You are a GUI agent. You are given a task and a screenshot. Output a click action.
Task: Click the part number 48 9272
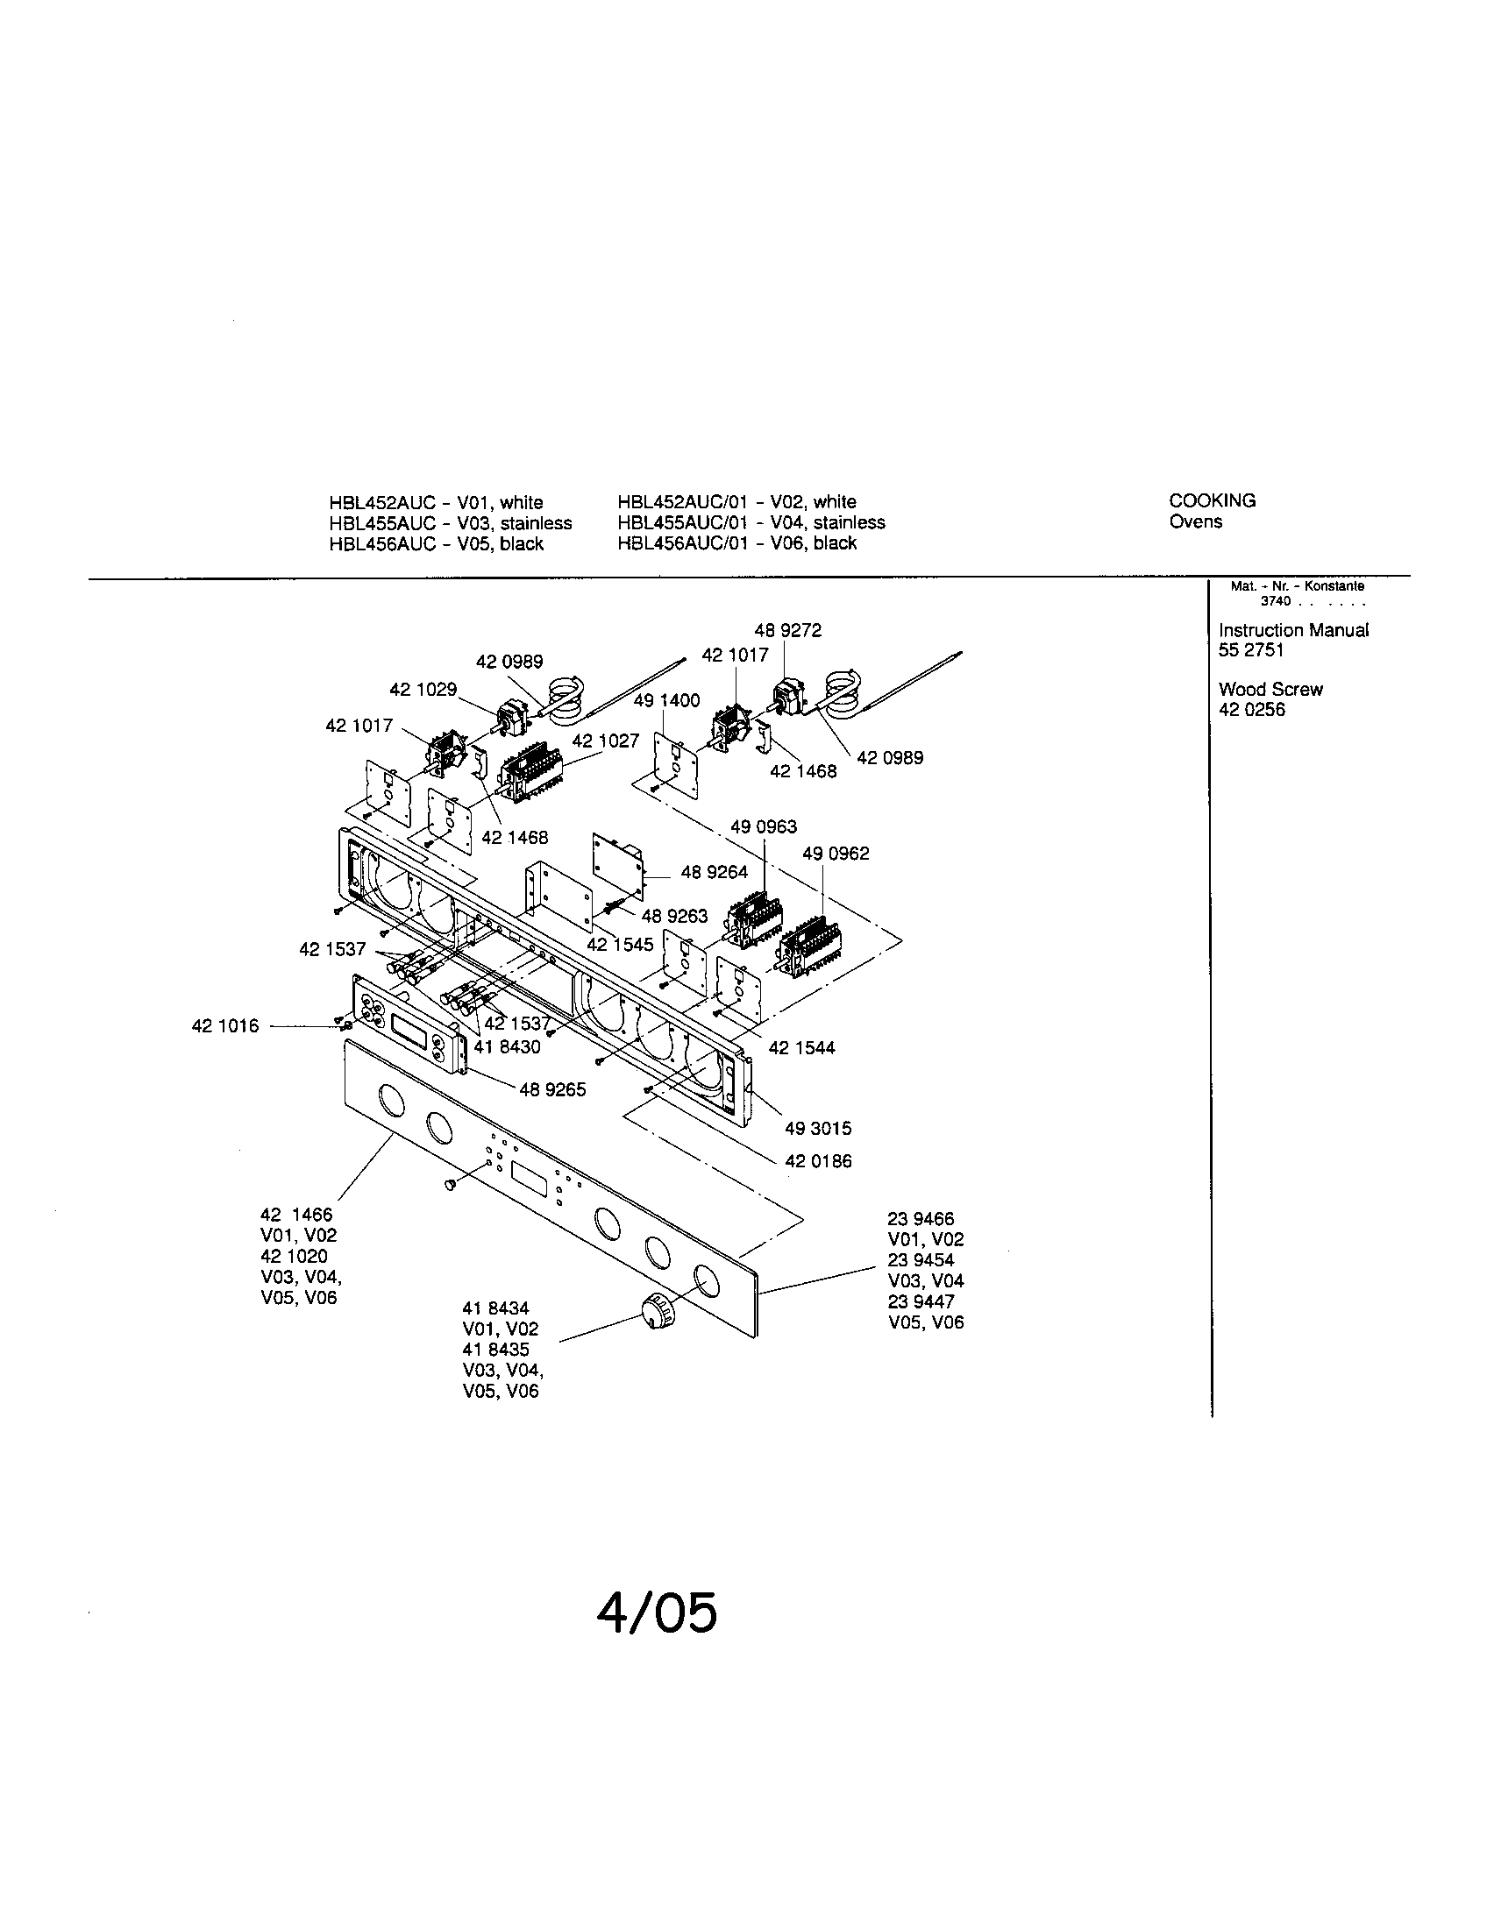[x=787, y=630]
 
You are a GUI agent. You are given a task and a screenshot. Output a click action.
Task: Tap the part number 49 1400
[x=666, y=700]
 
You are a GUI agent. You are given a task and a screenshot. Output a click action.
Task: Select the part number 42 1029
[x=423, y=690]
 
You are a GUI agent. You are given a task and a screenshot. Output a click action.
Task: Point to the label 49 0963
[x=764, y=826]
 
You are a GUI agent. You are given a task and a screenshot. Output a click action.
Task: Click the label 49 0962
[x=836, y=854]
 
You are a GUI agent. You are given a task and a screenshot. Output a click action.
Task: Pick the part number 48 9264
[x=714, y=872]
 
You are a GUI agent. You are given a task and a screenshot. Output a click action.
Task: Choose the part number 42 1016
[x=225, y=1026]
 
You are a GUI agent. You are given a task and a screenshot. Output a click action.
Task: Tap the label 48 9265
[x=552, y=1089]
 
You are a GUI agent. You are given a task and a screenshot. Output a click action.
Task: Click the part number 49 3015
[x=819, y=1128]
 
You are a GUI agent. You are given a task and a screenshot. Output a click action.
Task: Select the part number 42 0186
[x=819, y=1161]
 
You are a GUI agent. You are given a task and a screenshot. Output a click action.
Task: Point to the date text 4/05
[x=656, y=1613]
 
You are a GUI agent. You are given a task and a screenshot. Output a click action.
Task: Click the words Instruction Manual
[x=1292, y=630]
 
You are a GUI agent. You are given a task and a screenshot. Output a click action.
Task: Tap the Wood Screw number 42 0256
[x=1251, y=710]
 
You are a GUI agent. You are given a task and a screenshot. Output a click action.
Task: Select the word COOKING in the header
[x=1212, y=500]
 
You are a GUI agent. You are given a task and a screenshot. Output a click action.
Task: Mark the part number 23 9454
[x=920, y=1260]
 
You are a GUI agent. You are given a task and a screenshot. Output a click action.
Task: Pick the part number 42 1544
[x=800, y=1048]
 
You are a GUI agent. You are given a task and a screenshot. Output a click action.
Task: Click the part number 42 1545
[x=620, y=945]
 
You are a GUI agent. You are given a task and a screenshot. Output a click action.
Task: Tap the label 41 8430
[x=507, y=1047]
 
